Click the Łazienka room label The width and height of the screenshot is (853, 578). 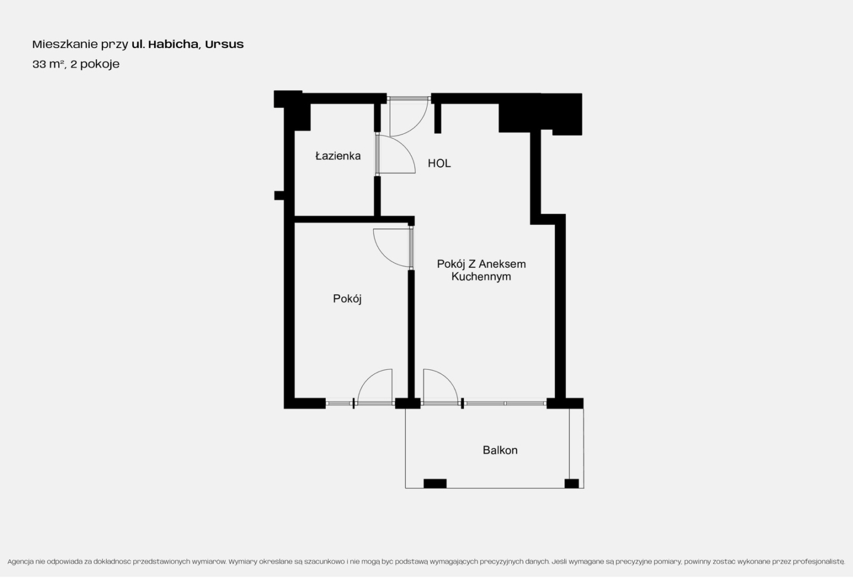pyautogui.click(x=338, y=156)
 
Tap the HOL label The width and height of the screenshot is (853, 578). pyautogui.click(x=439, y=163)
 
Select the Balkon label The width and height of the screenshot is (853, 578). pyautogui.click(x=500, y=450)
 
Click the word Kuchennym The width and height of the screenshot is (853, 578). pyautogui.click(x=481, y=277)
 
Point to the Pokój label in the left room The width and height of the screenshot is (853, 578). pyautogui.click(x=347, y=299)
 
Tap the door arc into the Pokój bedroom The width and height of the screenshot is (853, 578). pyautogui.click(x=381, y=256)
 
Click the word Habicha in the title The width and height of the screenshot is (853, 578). pyautogui.click(x=173, y=44)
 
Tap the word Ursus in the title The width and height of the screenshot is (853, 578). pyautogui.click(x=225, y=44)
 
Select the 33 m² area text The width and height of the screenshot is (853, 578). pyautogui.click(x=47, y=64)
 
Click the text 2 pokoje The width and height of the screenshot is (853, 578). pyautogui.click(x=95, y=65)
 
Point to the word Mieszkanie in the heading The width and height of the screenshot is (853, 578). pyautogui.click(x=65, y=44)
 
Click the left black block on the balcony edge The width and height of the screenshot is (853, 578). pyautogui.click(x=435, y=484)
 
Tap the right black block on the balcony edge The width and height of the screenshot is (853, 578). pyautogui.click(x=572, y=484)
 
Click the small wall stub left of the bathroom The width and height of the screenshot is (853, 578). pyautogui.click(x=279, y=195)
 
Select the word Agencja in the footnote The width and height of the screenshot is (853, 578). pyautogui.click(x=21, y=562)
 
